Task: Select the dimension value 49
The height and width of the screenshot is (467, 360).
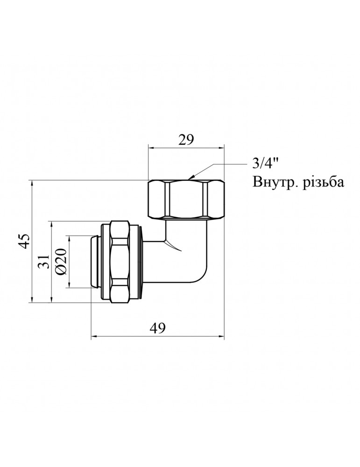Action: coord(157,328)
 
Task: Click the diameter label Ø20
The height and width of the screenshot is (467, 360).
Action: coord(62,262)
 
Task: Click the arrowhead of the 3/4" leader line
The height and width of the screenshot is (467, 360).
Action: coord(190,178)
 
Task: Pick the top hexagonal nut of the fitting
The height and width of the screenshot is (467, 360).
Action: coord(186,199)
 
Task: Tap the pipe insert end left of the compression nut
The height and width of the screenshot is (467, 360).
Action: coord(96,262)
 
